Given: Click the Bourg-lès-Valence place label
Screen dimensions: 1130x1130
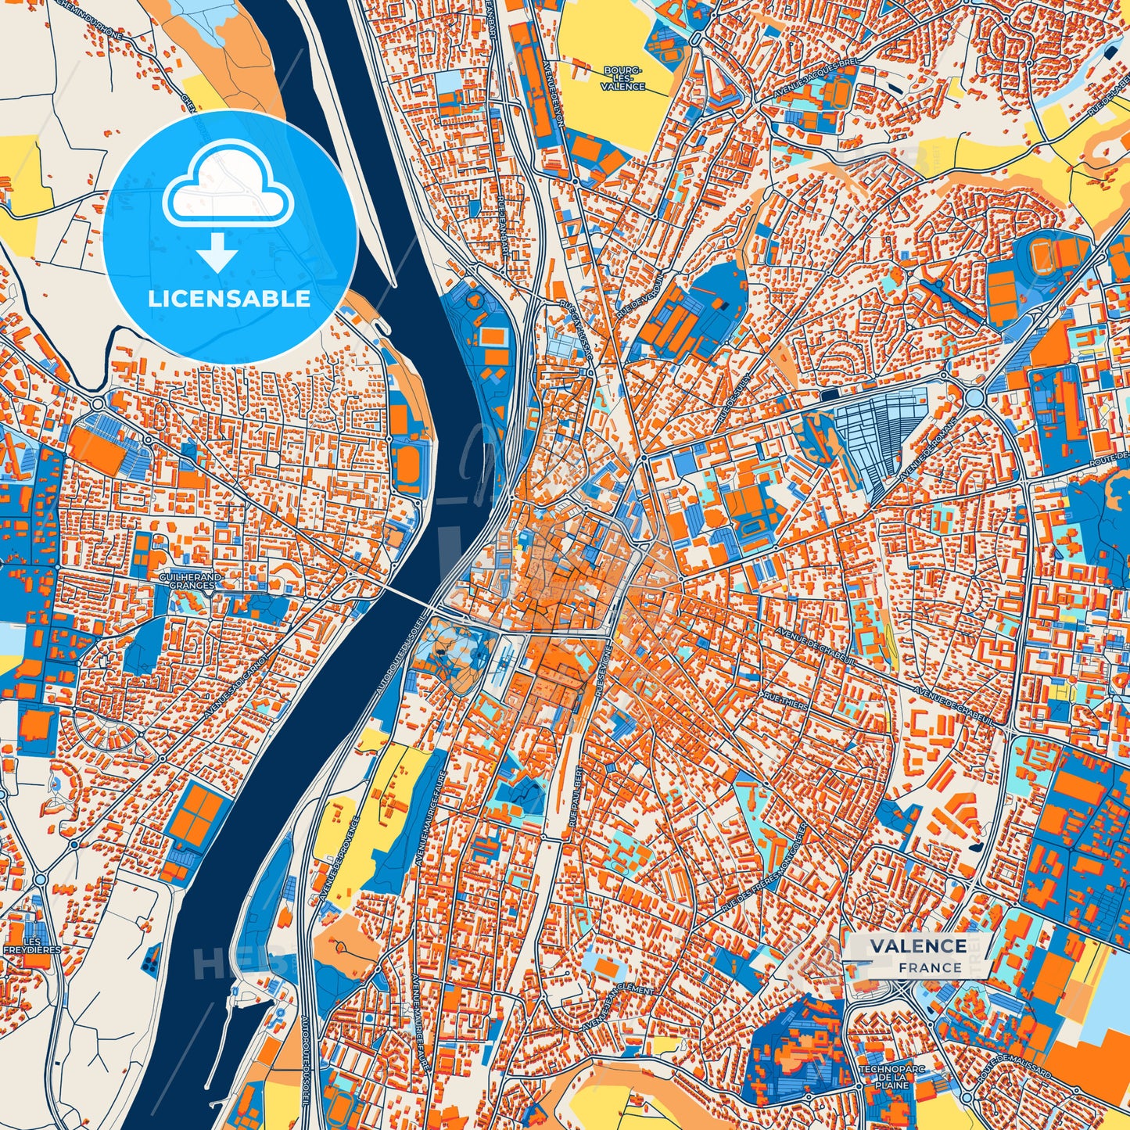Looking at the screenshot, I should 623,78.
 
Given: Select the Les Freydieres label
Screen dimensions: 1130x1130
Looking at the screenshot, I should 32,945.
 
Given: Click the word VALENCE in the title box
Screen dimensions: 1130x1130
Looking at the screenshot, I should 918,945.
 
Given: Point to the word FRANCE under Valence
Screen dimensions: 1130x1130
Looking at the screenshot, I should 930,967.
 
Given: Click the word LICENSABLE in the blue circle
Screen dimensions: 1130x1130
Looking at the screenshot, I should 230,299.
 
